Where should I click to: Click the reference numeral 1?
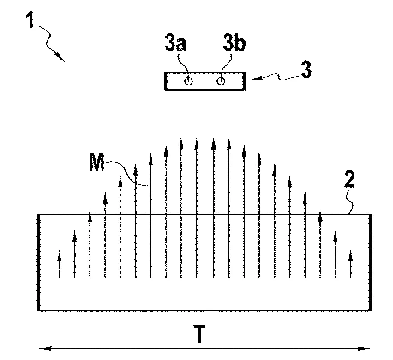[30, 20]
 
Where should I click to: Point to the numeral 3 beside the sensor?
[306, 70]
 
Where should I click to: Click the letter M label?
[97, 162]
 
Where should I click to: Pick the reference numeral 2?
[349, 179]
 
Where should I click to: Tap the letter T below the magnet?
[200, 333]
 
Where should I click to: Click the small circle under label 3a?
[189, 81]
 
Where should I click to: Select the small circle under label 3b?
[221, 81]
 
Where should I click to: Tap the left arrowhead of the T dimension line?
[45, 348]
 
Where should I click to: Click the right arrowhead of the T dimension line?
[363, 348]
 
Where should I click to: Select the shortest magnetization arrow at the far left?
[60, 264]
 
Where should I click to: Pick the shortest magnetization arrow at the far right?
[351, 264]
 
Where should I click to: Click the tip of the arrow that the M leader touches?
[150, 153]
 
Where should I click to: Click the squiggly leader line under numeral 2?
[349, 202]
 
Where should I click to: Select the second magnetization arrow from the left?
[75, 254]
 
